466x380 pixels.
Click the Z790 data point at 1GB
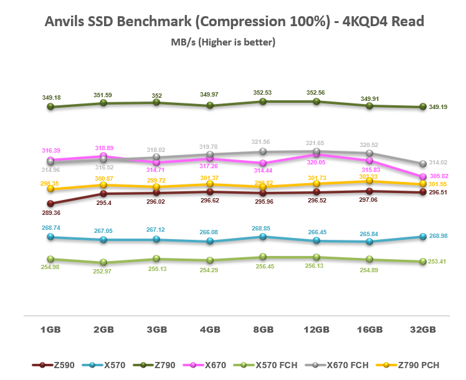pos(50,107)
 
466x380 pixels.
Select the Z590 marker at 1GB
pos(50,203)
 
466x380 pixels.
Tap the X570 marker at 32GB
pos(424,237)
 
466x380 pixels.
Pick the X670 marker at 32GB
pos(424,177)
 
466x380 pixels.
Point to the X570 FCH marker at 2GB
pos(103,262)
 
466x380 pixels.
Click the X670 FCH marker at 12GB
pos(316,151)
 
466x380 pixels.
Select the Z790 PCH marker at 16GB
pos(370,181)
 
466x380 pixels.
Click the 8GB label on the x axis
pos(263,329)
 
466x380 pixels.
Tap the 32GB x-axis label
pos(423,329)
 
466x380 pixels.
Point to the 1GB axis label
pos(50,329)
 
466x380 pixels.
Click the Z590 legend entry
pos(59,364)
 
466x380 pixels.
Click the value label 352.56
pos(316,92)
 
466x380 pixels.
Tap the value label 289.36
pos(50,212)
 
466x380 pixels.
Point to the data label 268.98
pos(442,237)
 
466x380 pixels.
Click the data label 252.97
pos(103,272)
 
